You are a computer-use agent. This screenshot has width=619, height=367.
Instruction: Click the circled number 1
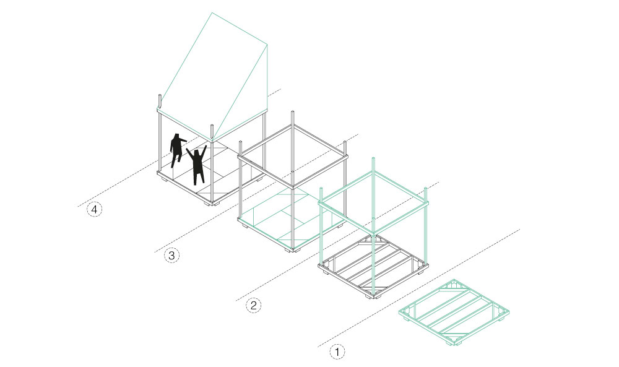[337, 351]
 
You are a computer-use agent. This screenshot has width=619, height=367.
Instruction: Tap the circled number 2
[253, 305]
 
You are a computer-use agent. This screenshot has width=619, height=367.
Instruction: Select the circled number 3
[171, 256]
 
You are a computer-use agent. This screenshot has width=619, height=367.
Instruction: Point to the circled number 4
[94, 210]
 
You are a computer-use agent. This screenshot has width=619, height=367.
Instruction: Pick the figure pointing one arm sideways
[176, 149]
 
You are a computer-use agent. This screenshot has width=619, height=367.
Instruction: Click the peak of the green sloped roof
[212, 13]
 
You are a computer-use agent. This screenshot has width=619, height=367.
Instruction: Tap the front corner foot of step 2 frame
[373, 297]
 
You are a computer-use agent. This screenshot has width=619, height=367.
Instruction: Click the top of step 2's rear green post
[373, 158]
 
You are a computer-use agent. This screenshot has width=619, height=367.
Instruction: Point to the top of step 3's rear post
[293, 112]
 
